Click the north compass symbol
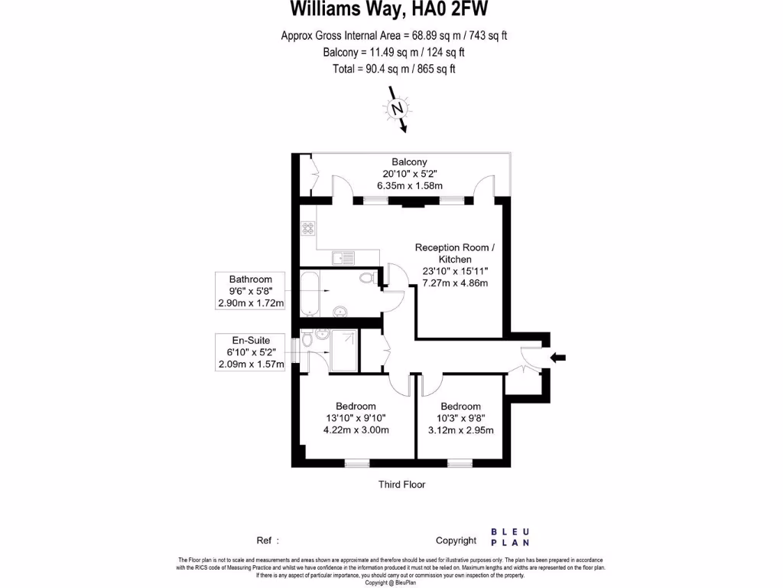(398, 109)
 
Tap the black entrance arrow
(558, 357)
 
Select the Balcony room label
(409, 162)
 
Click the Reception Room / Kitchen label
(455, 253)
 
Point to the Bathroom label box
(251, 292)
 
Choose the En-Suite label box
(251, 352)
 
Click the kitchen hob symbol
(308, 227)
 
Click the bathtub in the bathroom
(309, 292)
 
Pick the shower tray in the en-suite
(344, 341)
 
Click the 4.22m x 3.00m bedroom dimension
(356, 430)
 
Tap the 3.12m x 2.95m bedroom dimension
(460, 430)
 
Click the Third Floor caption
(401, 485)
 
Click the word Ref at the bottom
(265, 541)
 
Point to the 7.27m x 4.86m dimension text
(455, 283)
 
